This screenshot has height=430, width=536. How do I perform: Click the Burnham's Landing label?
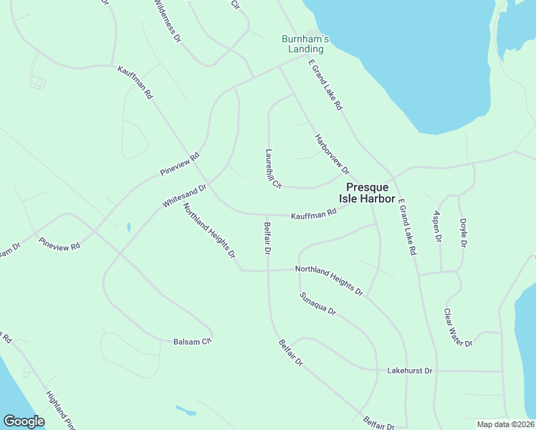(305, 43)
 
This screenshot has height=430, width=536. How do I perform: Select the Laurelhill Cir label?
(272, 168)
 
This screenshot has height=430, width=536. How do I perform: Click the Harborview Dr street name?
(332, 154)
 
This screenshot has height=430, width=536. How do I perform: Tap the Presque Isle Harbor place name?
(366, 192)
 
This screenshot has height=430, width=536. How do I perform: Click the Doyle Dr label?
(463, 233)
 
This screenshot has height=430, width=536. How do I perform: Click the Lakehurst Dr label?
(410, 371)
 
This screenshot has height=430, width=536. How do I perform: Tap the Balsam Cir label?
(193, 341)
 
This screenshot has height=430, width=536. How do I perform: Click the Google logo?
(24, 421)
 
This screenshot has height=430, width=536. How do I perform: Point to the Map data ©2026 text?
(505, 424)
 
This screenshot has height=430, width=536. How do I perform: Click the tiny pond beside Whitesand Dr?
(128, 227)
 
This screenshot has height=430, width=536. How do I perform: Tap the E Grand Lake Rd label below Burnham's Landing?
(325, 85)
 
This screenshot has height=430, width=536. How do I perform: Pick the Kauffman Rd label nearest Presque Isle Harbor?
(313, 214)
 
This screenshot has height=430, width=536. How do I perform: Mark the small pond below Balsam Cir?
(186, 411)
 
